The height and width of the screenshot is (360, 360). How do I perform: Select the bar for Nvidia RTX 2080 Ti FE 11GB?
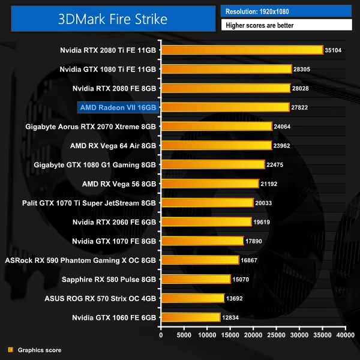(242, 50)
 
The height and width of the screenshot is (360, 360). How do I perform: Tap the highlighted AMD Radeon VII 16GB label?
(118, 107)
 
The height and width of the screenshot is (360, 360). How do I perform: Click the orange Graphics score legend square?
(10, 350)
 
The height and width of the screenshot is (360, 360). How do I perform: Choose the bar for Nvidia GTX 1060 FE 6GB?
(191, 317)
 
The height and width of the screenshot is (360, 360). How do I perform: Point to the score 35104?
(332, 50)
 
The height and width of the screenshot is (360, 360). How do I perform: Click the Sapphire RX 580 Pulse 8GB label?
(109, 279)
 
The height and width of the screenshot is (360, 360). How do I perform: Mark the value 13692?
(233, 298)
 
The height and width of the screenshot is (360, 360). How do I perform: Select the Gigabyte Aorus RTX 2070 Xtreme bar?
(216, 127)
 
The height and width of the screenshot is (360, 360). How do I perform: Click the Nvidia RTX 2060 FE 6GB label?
(114, 222)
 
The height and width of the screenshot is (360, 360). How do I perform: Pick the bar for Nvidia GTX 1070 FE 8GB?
(202, 241)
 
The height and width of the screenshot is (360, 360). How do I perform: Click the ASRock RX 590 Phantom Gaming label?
(80, 260)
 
